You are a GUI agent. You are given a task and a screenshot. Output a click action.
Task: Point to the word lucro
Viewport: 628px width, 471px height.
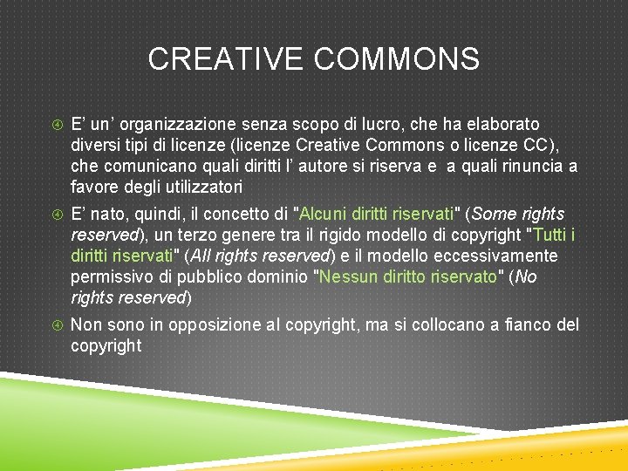(403, 125)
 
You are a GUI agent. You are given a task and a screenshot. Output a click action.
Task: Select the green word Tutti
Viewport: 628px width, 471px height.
(549, 235)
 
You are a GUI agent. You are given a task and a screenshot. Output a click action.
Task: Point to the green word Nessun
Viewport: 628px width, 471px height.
(346, 276)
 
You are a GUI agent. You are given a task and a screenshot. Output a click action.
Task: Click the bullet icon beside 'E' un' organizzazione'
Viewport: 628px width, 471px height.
(55, 125)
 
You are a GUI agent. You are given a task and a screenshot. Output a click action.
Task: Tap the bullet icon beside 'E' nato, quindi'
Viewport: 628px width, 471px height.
(55, 214)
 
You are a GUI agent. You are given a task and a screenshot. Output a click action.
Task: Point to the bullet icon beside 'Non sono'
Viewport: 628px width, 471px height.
(55, 324)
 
